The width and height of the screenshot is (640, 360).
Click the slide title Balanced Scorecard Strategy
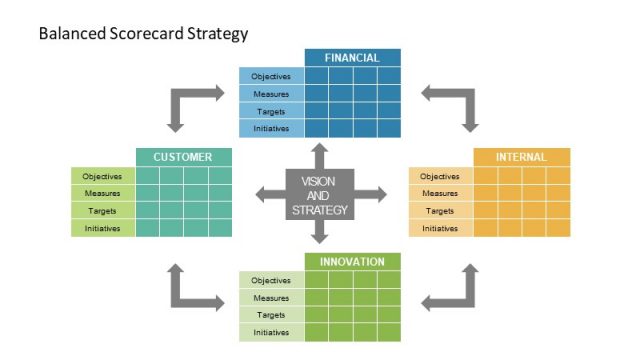[x=143, y=34]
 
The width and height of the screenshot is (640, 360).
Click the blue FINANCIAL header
[x=352, y=58]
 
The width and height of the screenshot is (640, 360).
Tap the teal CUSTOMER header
[x=183, y=157]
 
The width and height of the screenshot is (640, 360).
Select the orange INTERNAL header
[x=521, y=157]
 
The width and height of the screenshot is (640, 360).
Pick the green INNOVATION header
[x=352, y=262]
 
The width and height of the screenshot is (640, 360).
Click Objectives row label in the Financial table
[x=271, y=77]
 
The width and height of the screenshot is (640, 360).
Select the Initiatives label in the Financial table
[x=271, y=129]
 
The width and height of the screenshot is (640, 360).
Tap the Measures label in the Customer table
[x=102, y=193]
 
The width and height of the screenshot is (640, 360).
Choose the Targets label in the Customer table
[x=102, y=211]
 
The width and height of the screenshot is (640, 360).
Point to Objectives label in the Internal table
[x=440, y=176]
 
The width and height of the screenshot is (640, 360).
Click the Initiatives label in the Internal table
[x=440, y=229]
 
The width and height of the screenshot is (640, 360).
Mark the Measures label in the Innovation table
[x=271, y=298]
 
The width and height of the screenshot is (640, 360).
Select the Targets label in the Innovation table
[x=271, y=315]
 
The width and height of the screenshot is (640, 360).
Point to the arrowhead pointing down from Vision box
[x=320, y=238]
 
